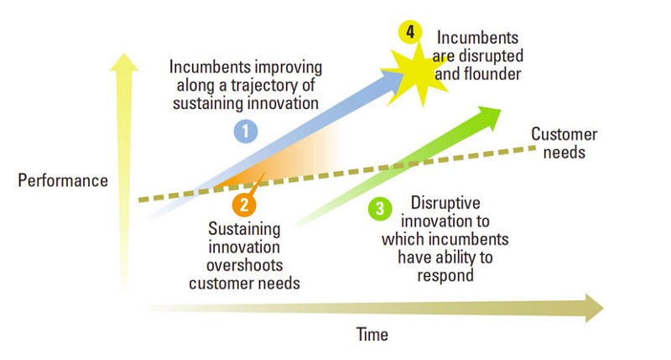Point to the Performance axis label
(63, 180)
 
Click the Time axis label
(372, 335)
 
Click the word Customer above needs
(564, 135)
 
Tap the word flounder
(491, 74)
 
